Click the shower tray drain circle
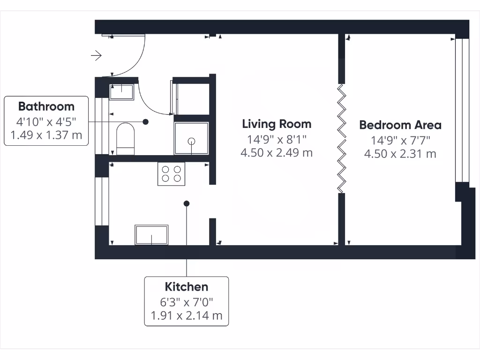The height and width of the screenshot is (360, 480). pos(191,141)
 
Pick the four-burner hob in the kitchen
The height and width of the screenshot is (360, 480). pos(171,174)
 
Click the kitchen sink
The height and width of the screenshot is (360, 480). pos(151,234)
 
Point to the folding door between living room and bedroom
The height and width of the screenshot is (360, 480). pos(342,138)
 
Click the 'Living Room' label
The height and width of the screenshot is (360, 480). pos(277,124)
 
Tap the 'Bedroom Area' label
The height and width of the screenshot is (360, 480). pos(400,125)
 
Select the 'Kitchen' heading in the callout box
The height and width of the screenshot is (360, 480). pos(187,287)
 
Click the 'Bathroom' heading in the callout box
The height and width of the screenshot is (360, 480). pos(46,106)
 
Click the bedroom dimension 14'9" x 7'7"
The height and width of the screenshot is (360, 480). pos(400,140)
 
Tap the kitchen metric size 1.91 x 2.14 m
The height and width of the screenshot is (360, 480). pos(187,315)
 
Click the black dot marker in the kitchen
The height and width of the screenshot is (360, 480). pos(187,203)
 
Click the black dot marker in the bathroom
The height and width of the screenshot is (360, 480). pos(146,121)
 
